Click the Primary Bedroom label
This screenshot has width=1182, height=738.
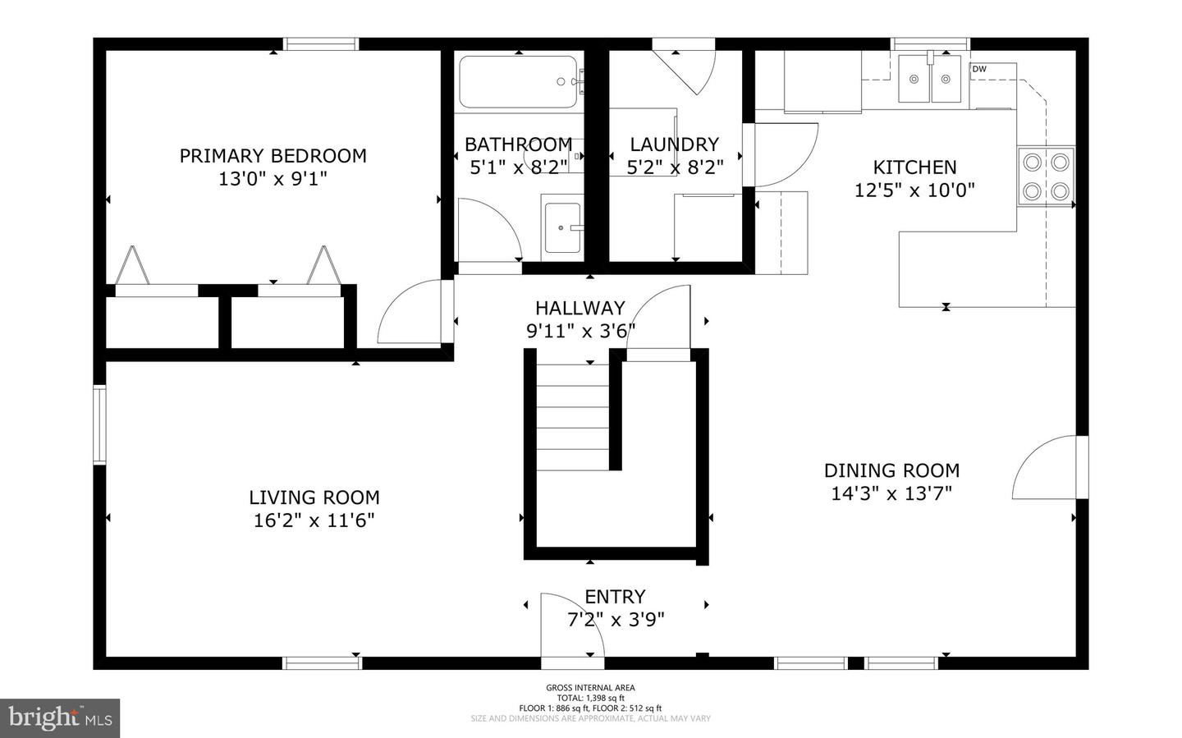click(x=273, y=156)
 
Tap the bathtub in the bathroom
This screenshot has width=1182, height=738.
click(x=518, y=81)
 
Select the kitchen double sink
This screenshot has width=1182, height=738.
click(x=929, y=79)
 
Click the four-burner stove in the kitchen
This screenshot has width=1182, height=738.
click(x=1046, y=176)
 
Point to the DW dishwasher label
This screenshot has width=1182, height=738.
click(x=979, y=70)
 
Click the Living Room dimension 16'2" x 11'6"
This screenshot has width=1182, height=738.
click(x=314, y=520)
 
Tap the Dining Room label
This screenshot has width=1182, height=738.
click(x=891, y=470)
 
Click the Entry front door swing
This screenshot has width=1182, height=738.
click(x=569, y=624)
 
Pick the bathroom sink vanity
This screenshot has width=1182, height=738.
click(x=562, y=227)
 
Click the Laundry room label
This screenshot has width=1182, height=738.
click(x=674, y=144)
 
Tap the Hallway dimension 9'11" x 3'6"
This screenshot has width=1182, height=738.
click(x=580, y=331)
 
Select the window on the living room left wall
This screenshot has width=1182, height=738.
click(x=99, y=424)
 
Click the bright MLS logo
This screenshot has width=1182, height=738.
click(x=60, y=718)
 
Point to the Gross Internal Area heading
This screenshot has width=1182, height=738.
click(x=590, y=688)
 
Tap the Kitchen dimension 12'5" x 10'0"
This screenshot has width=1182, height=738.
click(x=914, y=190)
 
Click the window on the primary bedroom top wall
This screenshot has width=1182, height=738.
click(x=321, y=44)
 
